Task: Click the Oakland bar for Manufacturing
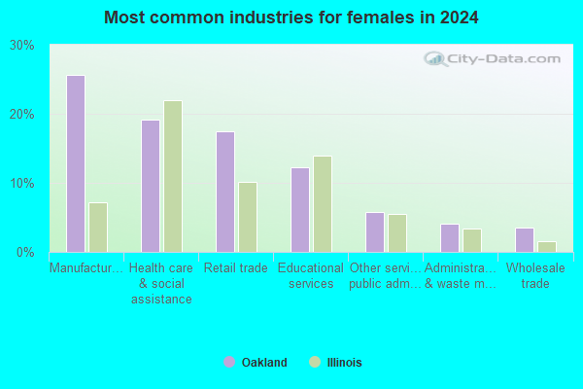click(x=76, y=163)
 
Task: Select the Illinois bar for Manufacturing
click(x=98, y=228)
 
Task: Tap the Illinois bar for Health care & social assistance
click(x=173, y=176)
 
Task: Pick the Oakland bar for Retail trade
click(x=225, y=193)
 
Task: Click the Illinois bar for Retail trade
click(x=248, y=218)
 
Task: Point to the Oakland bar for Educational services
click(x=300, y=210)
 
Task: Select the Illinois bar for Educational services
click(x=323, y=204)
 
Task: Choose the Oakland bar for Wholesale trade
click(x=525, y=240)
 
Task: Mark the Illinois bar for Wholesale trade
click(x=547, y=247)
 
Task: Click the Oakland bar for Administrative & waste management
click(x=450, y=238)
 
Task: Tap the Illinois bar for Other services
click(x=397, y=233)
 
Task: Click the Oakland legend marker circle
click(x=229, y=362)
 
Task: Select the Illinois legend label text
click(x=344, y=362)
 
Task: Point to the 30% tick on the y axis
click(x=22, y=46)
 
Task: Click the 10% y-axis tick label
click(x=22, y=184)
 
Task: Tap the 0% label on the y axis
click(x=25, y=253)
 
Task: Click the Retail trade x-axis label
click(x=236, y=267)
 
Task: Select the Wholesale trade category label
click(x=535, y=275)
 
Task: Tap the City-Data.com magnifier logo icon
click(x=435, y=58)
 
